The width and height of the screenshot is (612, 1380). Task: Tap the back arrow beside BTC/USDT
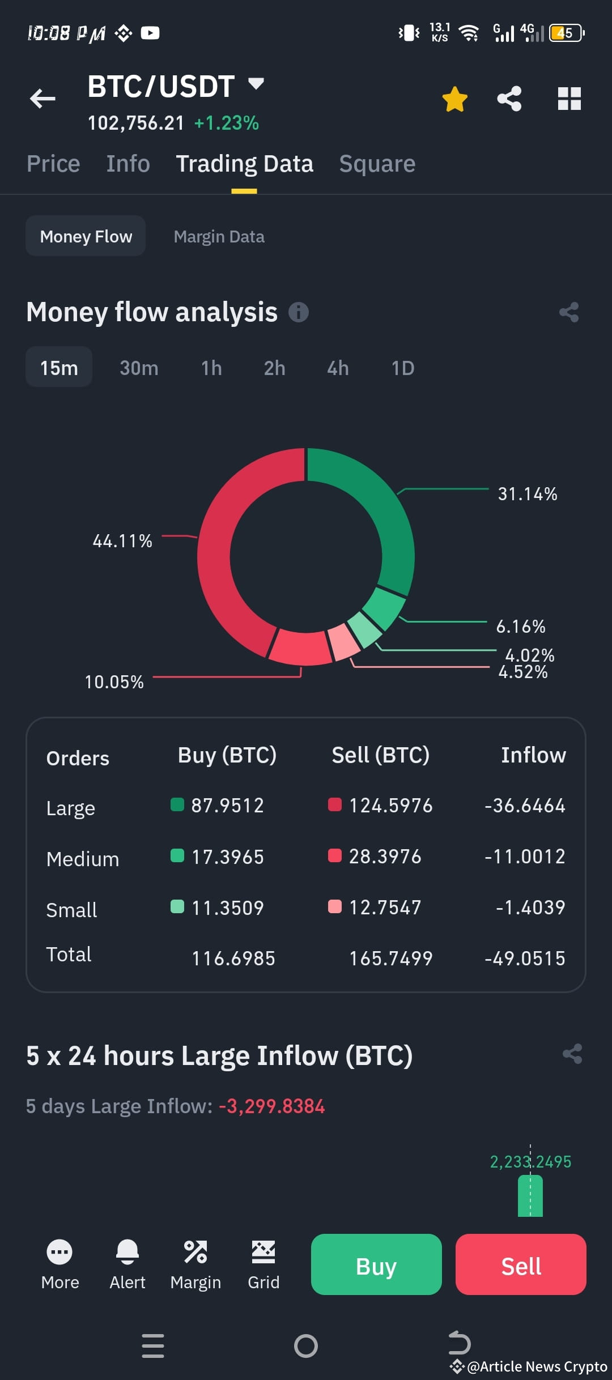(43, 99)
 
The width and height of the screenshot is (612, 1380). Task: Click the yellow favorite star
(454, 99)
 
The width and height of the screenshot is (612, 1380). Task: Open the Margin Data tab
(219, 236)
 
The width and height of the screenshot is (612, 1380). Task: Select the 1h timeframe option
(211, 368)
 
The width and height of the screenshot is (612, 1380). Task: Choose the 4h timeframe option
(338, 368)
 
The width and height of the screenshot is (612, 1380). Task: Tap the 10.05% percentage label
(114, 682)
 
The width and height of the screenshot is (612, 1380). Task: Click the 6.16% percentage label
(521, 627)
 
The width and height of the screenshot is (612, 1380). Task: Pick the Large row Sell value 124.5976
(390, 806)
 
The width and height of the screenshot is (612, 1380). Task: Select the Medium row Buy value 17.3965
(227, 857)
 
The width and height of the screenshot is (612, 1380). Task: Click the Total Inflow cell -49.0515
(525, 959)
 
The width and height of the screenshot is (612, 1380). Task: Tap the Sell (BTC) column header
(380, 755)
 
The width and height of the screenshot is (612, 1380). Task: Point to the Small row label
(71, 910)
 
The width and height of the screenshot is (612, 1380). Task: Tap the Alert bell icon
(127, 1252)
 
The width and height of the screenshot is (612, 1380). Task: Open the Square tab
(377, 164)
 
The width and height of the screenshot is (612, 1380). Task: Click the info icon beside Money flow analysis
(299, 312)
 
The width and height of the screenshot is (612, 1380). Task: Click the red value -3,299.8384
(272, 1106)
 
